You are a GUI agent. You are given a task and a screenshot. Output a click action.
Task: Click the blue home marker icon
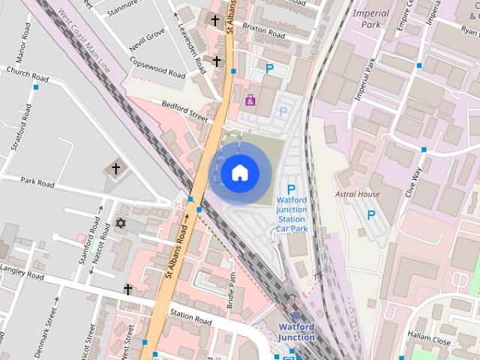click(239, 172)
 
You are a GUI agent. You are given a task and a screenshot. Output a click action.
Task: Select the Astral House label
click(357, 194)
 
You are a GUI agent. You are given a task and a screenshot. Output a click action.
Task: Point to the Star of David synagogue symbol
click(120, 223)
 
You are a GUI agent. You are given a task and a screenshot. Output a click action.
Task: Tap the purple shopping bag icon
click(250, 100)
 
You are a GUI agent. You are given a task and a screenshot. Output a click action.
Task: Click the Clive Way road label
click(413, 181)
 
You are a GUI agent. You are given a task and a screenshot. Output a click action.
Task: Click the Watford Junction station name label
click(296, 331)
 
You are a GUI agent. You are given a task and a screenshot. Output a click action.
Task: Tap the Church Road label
click(27, 73)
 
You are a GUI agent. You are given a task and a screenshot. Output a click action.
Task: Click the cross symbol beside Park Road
click(115, 169)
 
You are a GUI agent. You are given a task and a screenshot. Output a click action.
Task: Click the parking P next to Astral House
click(370, 215)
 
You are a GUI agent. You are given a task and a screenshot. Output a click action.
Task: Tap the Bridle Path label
click(232, 290)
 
